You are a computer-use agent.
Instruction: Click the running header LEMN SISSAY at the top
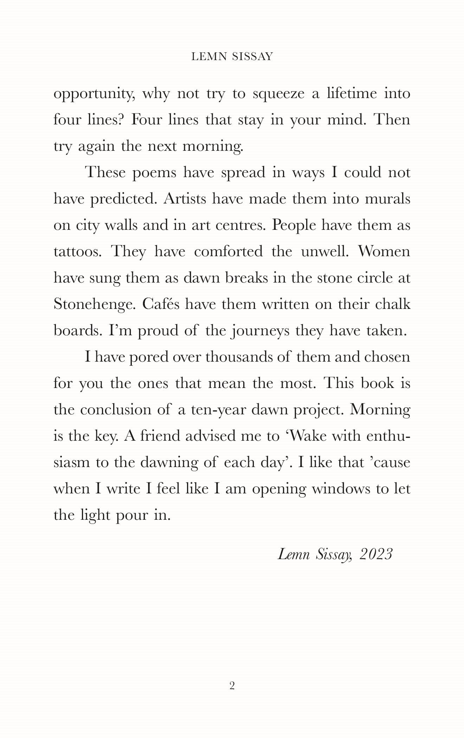click(x=232, y=57)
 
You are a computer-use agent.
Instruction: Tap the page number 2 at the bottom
click(x=232, y=686)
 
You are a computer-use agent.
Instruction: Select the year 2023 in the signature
click(x=376, y=554)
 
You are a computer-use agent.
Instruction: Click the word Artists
click(x=185, y=199)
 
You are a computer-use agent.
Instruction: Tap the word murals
click(x=388, y=199)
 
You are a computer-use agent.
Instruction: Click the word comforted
click(x=228, y=252)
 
